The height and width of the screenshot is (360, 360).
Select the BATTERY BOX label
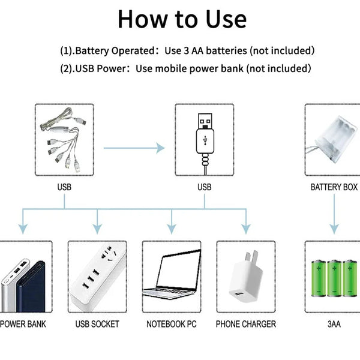click(334, 187)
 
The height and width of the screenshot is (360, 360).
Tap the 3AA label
click(334, 324)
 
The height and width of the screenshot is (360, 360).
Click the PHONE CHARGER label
click(246, 324)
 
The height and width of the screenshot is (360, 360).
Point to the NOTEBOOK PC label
click(172, 324)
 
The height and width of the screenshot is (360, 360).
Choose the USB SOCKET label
click(97, 324)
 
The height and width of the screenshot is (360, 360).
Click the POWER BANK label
click(23, 324)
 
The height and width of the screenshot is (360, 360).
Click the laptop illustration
click(172, 279)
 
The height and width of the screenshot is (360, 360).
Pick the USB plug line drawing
click(205, 138)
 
